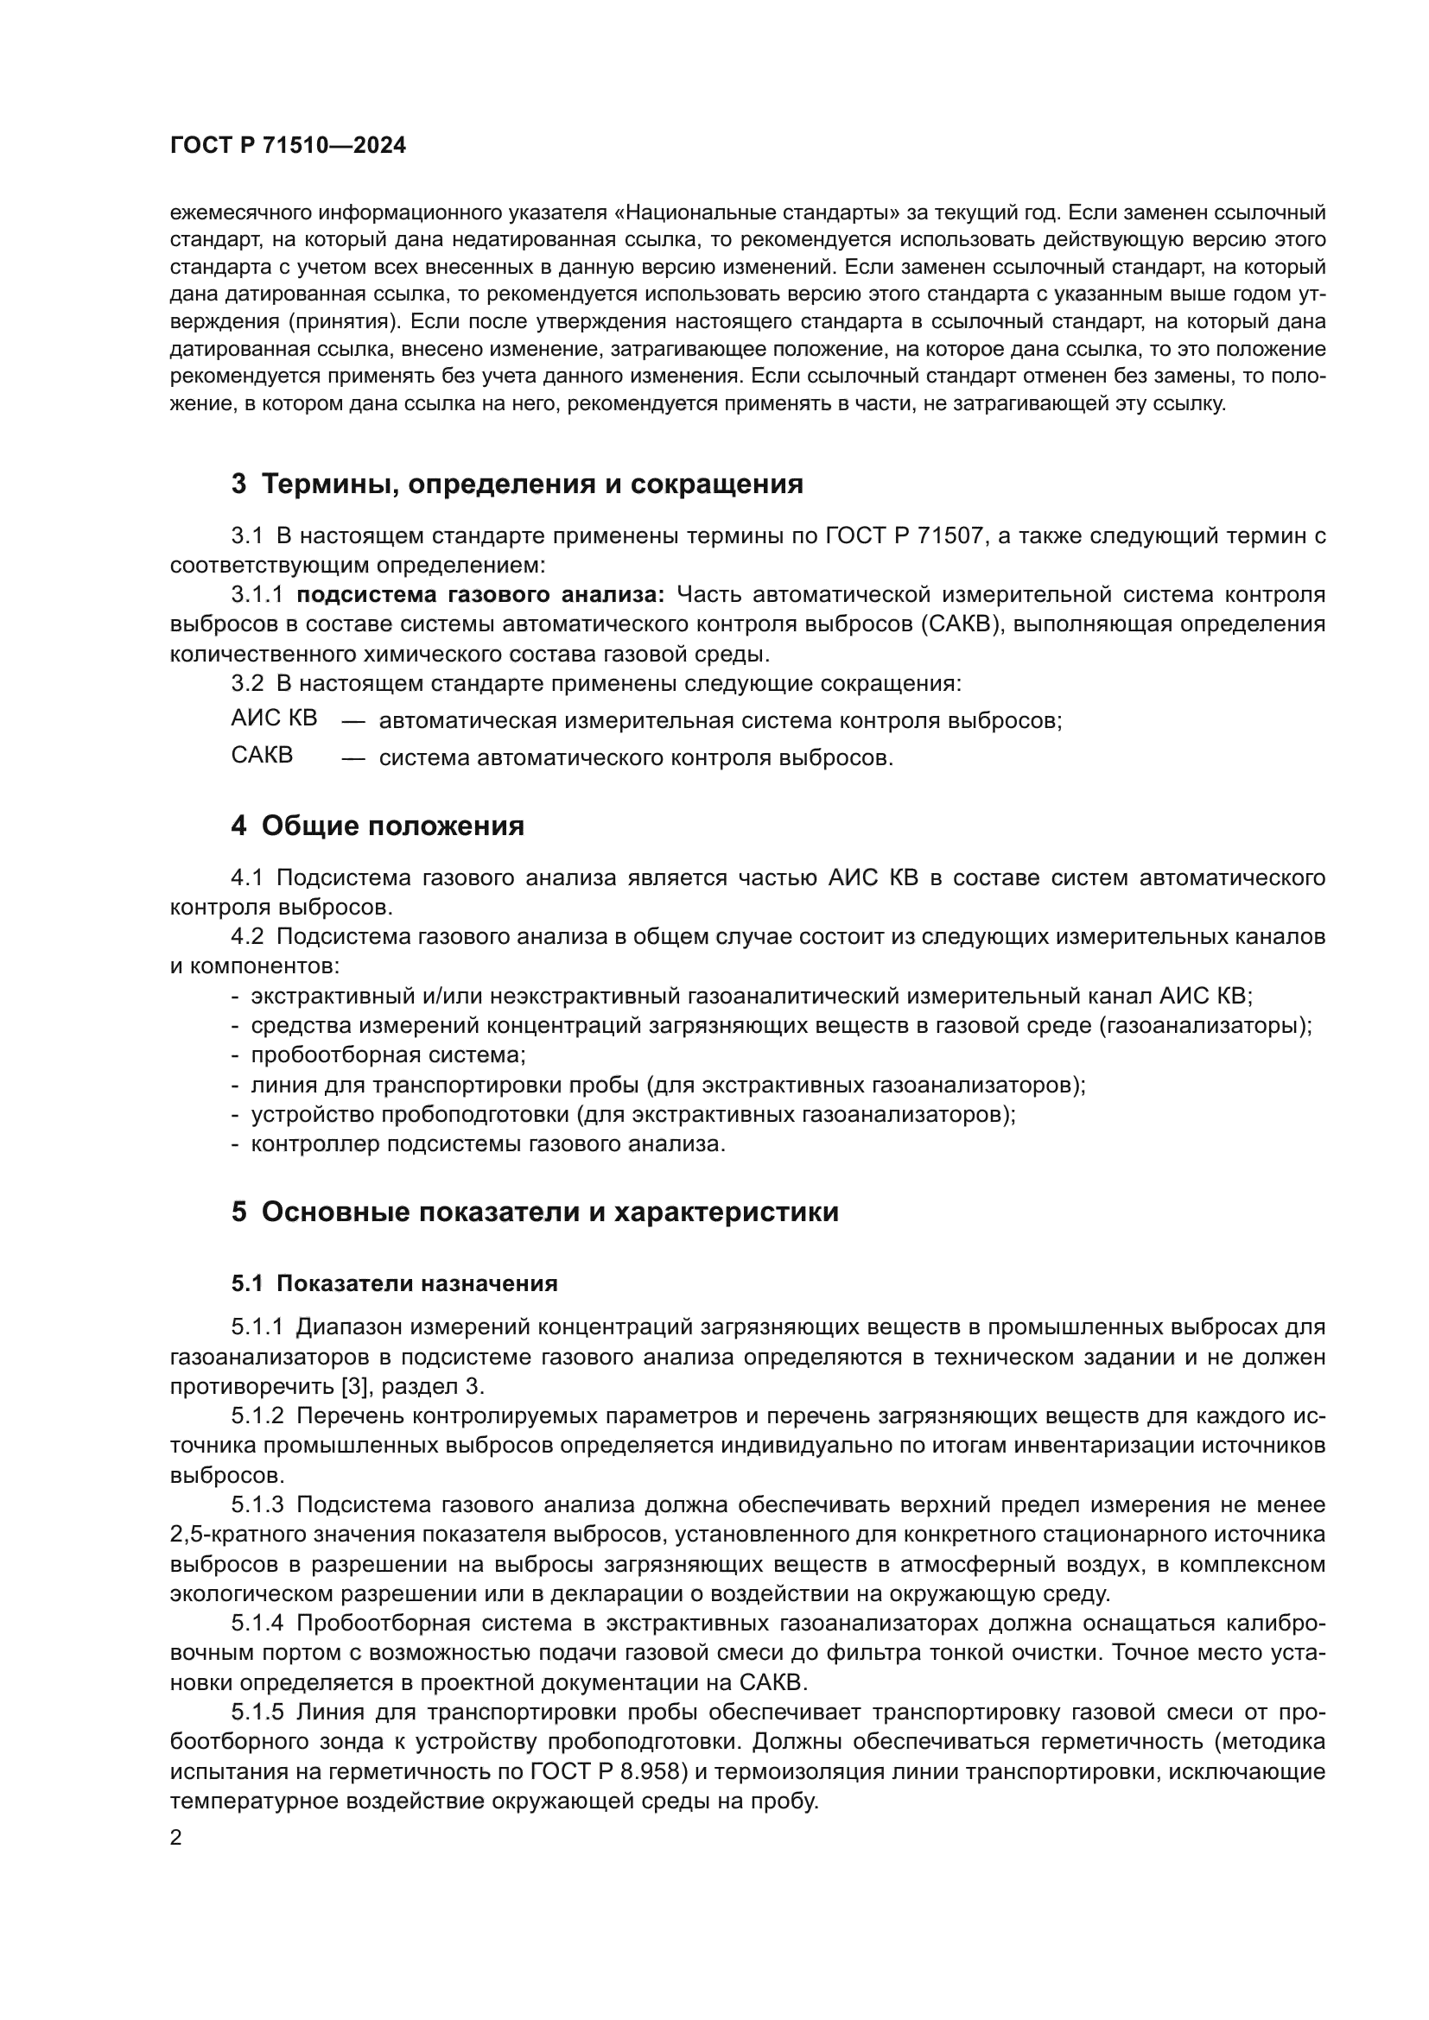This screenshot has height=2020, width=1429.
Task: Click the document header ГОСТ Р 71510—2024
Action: click(288, 146)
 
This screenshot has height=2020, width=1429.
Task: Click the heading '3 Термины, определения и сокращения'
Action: click(517, 484)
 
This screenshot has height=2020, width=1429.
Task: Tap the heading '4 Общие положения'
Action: click(378, 826)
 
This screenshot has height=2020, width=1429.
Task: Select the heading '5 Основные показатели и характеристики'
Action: click(535, 1213)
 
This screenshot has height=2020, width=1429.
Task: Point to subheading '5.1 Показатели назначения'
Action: click(394, 1283)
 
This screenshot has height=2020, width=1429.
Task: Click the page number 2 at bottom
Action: click(176, 1839)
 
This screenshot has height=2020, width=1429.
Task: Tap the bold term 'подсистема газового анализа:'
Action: click(480, 596)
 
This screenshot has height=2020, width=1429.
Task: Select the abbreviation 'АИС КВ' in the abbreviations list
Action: click(274, 719)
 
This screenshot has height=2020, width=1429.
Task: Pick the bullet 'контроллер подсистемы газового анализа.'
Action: click(488, 1144)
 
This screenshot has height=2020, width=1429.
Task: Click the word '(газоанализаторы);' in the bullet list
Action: click(1204, 1026)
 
